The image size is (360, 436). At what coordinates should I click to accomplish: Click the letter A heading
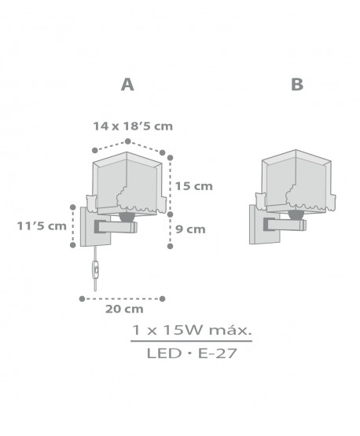(x=127, y=84)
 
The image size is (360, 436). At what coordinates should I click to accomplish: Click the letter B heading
(x=297, y=84)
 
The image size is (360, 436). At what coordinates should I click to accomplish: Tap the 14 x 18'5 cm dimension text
(x=133, y=126)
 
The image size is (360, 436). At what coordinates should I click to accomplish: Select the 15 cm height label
(x=193, y=186)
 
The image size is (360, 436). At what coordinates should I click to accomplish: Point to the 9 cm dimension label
(x=190, y=229)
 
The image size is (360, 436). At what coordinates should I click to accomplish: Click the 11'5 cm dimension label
(x=42, y=225)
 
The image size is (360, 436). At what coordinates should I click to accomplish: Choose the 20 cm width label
(x=124, y=309)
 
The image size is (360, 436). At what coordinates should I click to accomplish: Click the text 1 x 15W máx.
(x=192, y=330)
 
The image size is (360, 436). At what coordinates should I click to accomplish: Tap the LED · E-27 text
(x=192, y=354)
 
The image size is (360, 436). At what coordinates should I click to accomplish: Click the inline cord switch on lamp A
(x=96, y=269)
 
